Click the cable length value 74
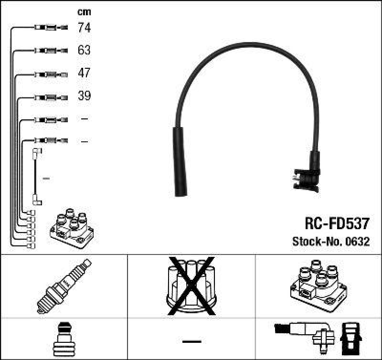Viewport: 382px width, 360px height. [x=84, y=28]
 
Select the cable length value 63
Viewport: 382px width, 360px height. [x=84, y=50]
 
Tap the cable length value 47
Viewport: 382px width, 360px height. [x=84, y=73]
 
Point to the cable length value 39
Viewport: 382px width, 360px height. [x=84, y=96]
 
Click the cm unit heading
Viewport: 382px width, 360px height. [x=84, y=12]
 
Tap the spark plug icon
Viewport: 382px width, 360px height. [x=64, y=286]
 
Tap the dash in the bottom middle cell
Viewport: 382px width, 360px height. [x=191, y=341]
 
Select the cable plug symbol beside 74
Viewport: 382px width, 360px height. [x=51, y=28]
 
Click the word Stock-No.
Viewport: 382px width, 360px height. [x=315, y=242]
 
